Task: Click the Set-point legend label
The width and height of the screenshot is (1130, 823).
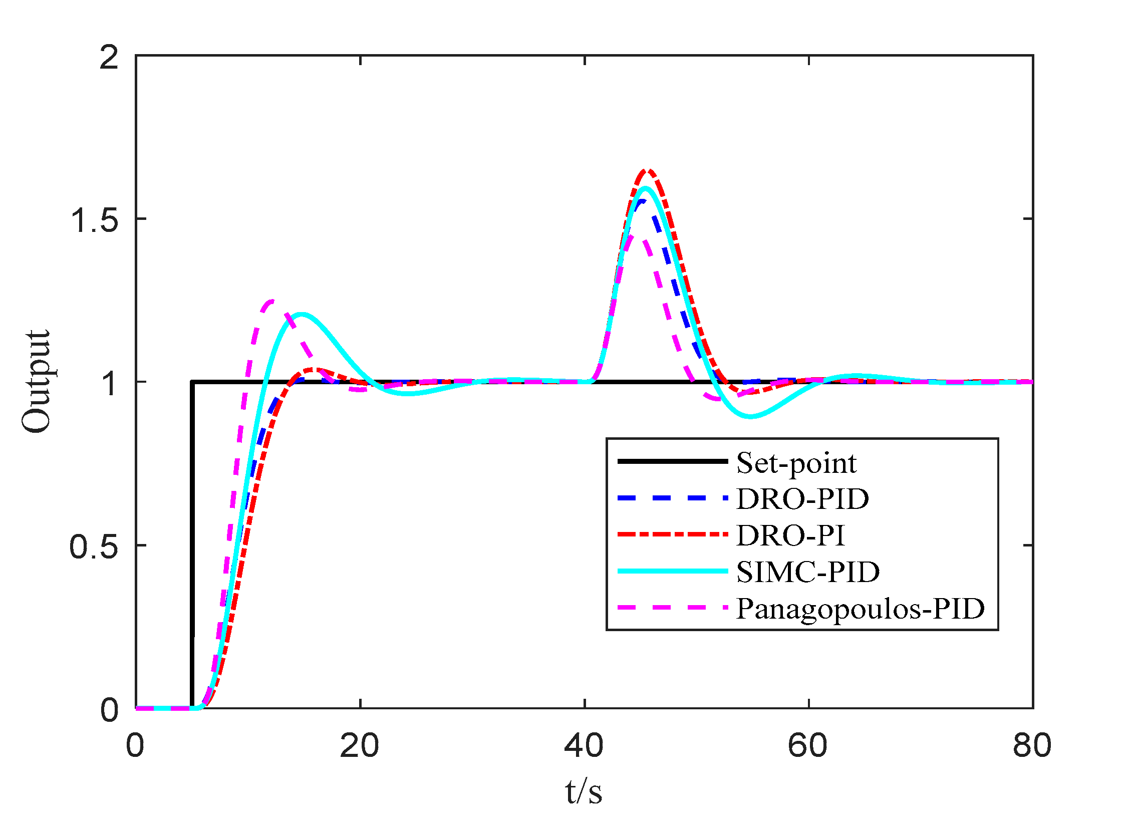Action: point(796,463)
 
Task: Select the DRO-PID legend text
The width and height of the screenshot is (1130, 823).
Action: point(802,499)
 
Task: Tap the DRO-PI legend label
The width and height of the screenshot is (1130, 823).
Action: point(790,535)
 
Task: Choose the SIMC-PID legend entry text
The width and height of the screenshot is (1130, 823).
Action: point(808,572)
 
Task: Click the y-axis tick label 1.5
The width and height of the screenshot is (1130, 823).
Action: point(95,219)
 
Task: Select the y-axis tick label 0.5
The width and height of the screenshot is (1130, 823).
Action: point(94,546)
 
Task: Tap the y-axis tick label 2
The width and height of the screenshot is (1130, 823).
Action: point(109,57)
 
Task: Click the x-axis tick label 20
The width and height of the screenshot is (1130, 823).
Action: point(359,745)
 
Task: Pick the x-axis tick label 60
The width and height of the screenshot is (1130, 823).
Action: point(807,745)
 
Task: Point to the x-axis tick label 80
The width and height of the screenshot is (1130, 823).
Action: point(1032,745)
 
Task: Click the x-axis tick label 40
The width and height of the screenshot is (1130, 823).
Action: point(584,745)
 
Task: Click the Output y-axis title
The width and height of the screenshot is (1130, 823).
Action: point(36,382)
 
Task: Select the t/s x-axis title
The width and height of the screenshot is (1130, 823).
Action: point(584,792)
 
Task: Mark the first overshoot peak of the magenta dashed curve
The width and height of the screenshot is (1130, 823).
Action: point(271,301)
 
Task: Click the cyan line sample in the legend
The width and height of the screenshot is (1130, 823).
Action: point(672,571)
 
